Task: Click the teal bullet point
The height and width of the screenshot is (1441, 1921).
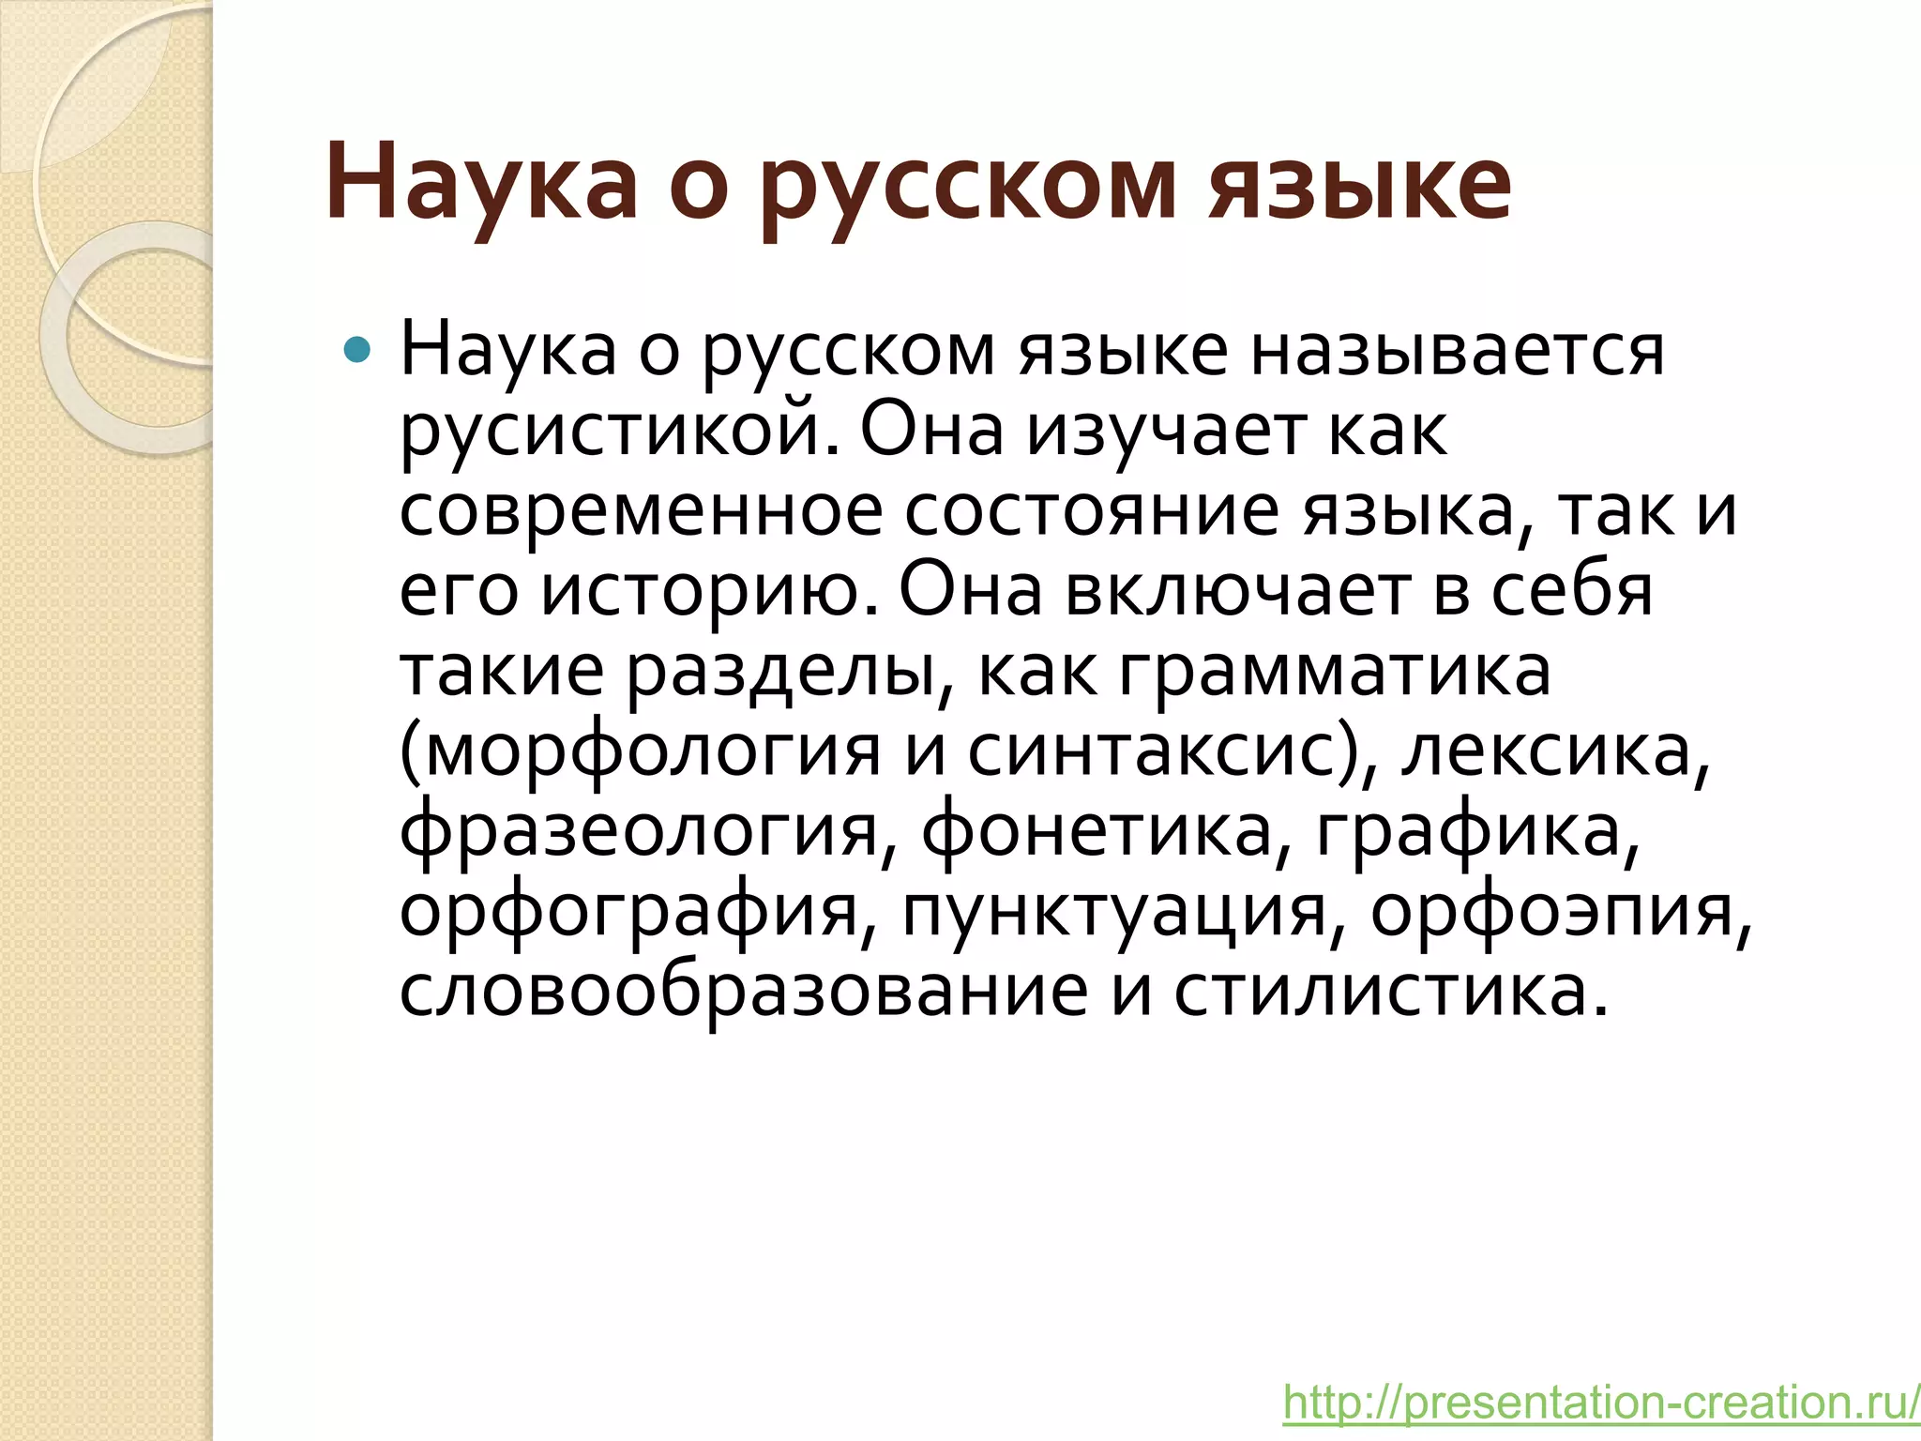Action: [357, 351]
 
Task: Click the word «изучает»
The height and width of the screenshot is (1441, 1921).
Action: [1164, 432]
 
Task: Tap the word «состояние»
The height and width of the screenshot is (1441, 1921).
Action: [1092, 511]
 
